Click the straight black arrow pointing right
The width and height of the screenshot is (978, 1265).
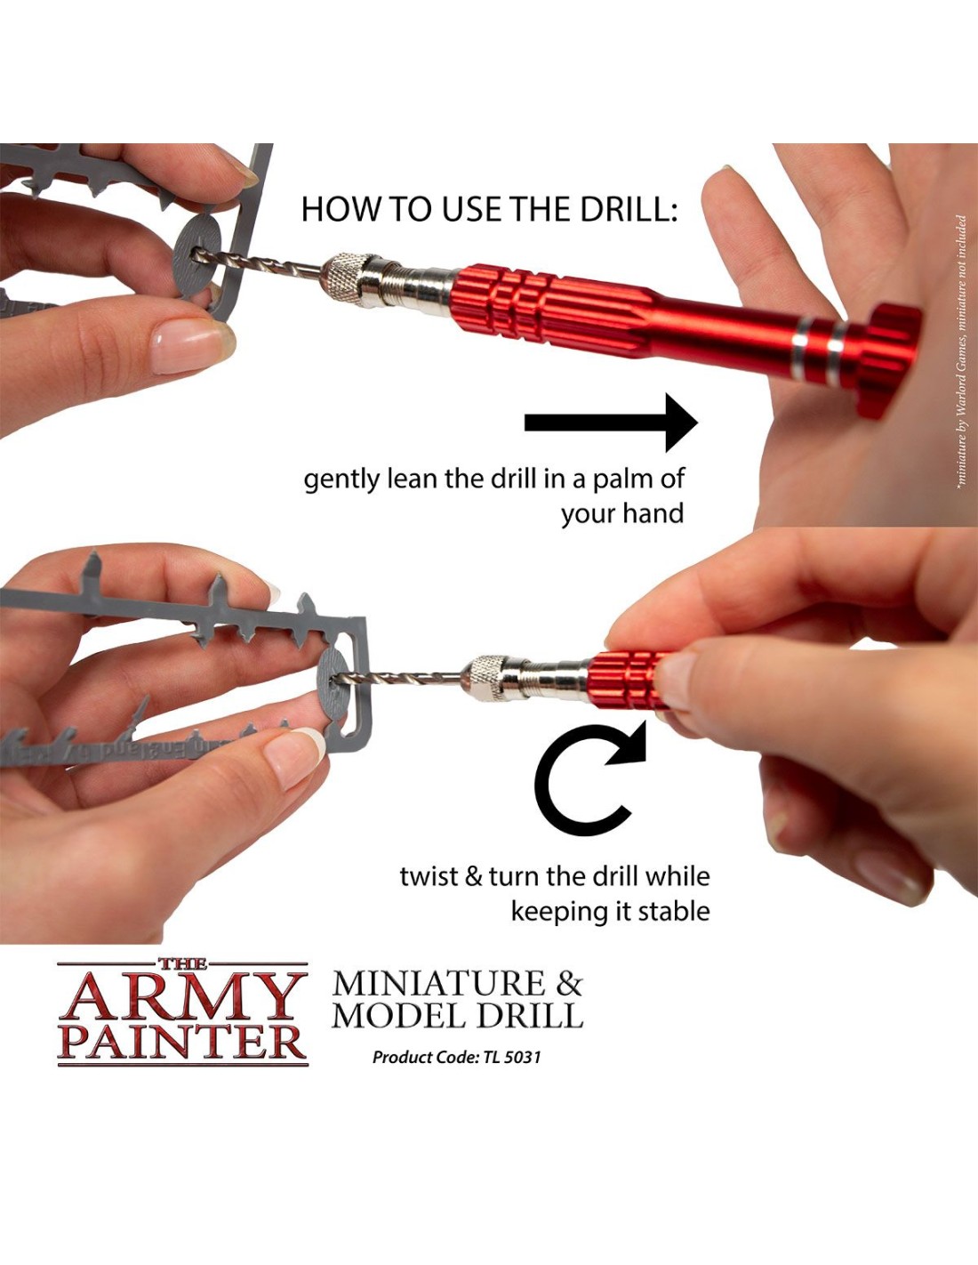[611, 423]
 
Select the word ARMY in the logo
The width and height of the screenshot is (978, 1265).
[182, 997]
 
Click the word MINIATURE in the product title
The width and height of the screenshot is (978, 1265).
[439, 984]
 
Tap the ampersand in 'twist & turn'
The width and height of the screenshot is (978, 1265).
[474, 877]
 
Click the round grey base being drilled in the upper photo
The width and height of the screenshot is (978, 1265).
[196, 256]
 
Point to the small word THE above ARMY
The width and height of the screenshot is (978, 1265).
[182, 964]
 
